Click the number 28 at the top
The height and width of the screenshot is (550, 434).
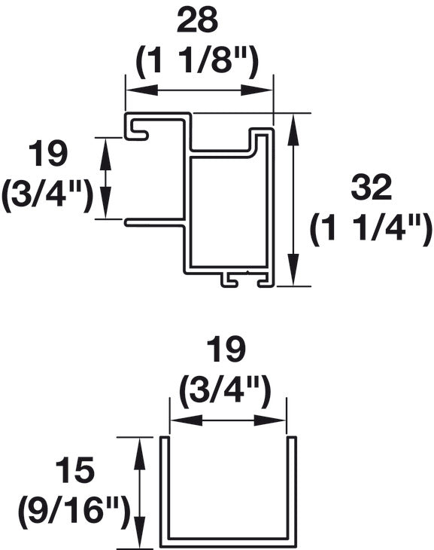(x=197, y=21)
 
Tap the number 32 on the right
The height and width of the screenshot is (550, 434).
(x=372, y=188)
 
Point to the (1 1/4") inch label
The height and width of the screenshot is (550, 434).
(x=372, y=229)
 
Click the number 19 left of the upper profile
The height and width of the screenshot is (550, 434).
(x=48, y=154)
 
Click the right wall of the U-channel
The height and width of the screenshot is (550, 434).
(x=293, y=490)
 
